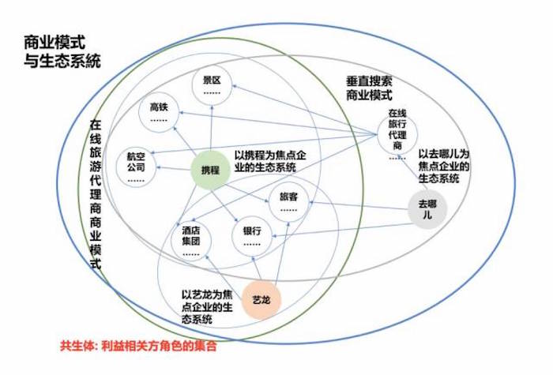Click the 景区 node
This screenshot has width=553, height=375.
pos(211,85)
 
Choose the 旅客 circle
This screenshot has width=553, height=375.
pos(289,203)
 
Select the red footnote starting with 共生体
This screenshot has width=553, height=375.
pos(137,346)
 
